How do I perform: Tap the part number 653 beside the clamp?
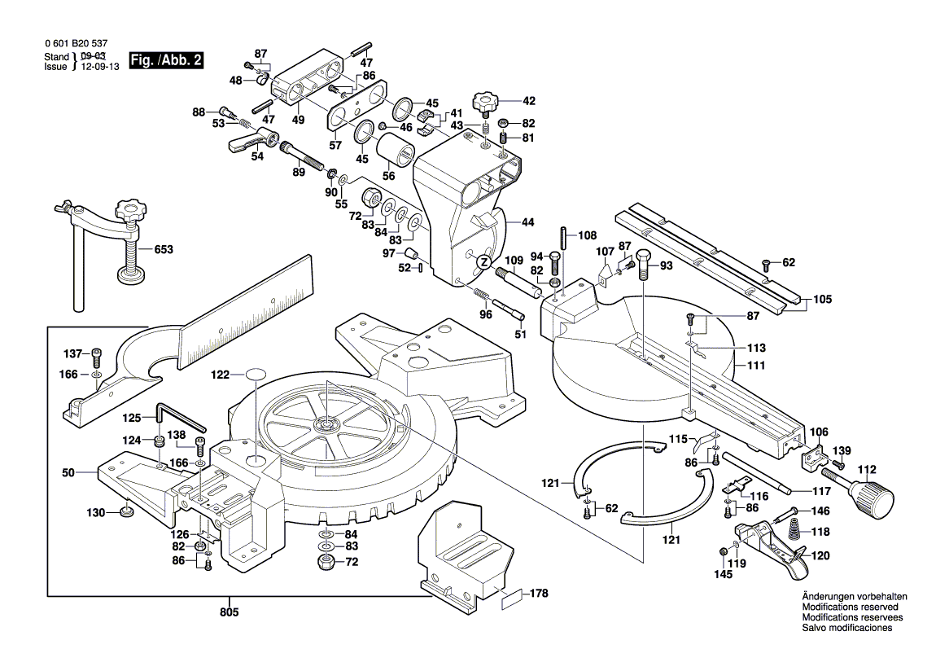click(164, 250)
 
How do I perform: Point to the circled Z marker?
click(483, 261)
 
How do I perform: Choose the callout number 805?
click(230, 611)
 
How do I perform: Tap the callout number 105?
click(822, 300)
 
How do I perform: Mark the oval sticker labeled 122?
click(255, 375)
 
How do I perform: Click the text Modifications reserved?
click(850, 607)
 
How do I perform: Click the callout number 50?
click(68, 472)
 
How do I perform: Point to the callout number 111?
click(757, 366)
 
